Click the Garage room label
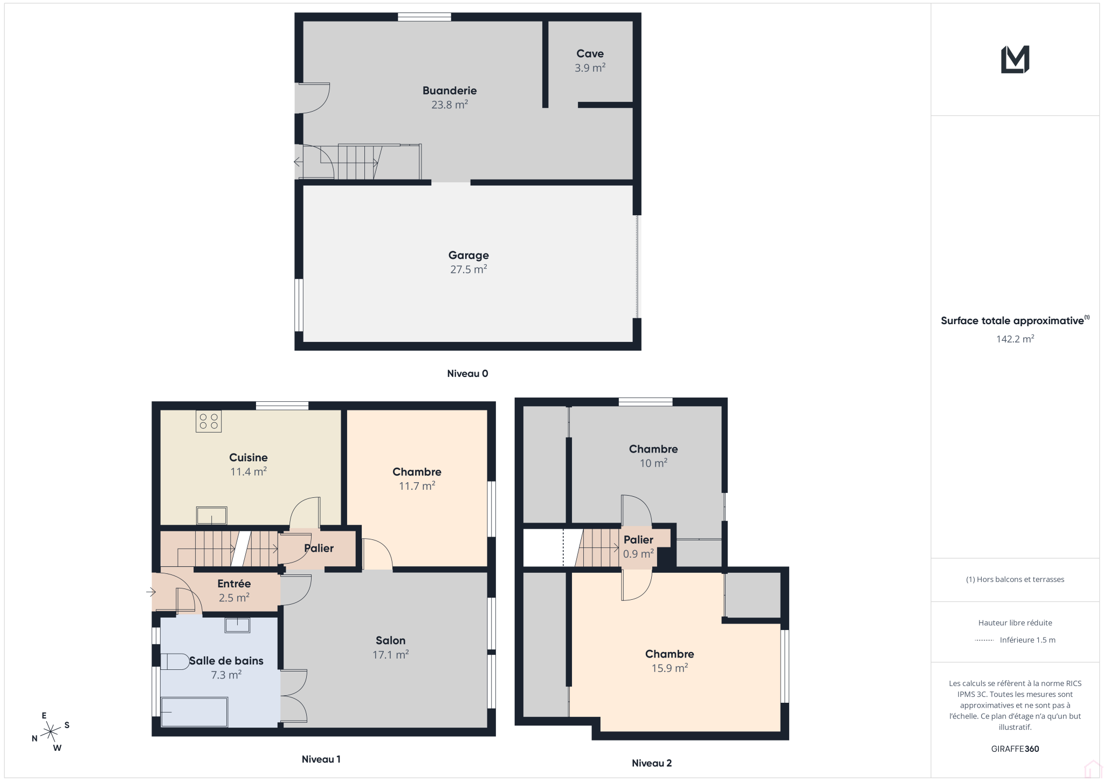coord(468,255)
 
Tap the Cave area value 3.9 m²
coord(590,68)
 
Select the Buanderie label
coord(450,91)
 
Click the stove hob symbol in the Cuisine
coord(209,421)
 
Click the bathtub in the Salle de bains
coord(195,712)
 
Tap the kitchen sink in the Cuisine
coord(211,515)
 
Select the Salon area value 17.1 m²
coord(390,655)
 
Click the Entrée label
coord(234,584)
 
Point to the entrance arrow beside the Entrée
coord(151,592)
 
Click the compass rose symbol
coord(51,731)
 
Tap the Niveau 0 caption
coord(467,373)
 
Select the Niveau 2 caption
coord(652,763)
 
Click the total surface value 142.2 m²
coord(1015,339)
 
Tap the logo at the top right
coord(1015,59)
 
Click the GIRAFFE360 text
coord(1015,749)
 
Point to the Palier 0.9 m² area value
coord(638,554)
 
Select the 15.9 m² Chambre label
coord(670,654)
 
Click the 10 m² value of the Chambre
coord(653,463)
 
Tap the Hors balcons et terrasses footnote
coord(1015,579)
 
